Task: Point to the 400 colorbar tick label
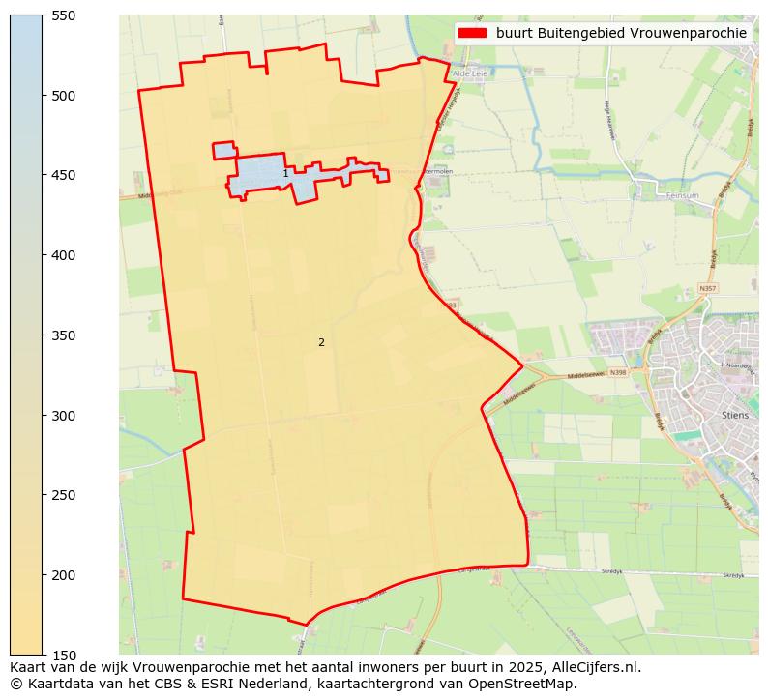pos(64,255)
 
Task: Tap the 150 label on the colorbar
pos(64,656)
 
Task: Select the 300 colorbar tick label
pos(64,416)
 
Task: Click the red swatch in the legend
pos(472,33)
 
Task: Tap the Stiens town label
pos(735,415)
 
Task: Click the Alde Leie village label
pos(469,73)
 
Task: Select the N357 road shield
pos(708,288)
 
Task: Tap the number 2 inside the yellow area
pos(321,342)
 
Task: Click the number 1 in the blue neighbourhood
pos(285,174)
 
